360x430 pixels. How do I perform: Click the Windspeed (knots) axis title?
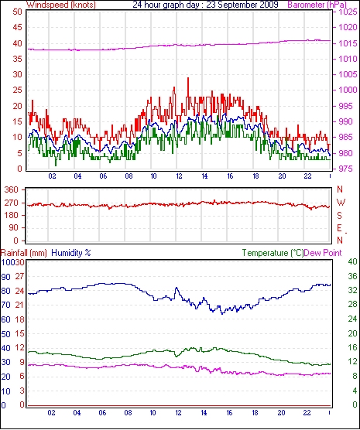(61, 5)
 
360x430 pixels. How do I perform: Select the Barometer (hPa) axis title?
(317, 5)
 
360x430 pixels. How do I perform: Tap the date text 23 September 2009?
(242, 5)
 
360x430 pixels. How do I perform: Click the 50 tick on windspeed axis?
(17, 12)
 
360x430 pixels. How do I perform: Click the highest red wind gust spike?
(188, 79)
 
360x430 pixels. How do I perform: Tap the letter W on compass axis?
(341, 203)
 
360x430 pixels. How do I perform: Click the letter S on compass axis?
(339, 216)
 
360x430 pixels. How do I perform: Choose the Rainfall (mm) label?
(24, 253)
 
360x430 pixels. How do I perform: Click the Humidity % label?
(71, 253)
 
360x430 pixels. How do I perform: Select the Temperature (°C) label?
(273, 253)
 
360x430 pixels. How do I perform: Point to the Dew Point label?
(323, 253)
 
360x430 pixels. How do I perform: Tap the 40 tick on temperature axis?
(352, 261)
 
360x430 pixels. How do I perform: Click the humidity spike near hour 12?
(177, 288)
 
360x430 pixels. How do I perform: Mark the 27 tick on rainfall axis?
(20, 276)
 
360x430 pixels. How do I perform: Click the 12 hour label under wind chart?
(179, 176)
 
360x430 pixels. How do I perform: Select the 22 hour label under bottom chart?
(307, 412)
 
